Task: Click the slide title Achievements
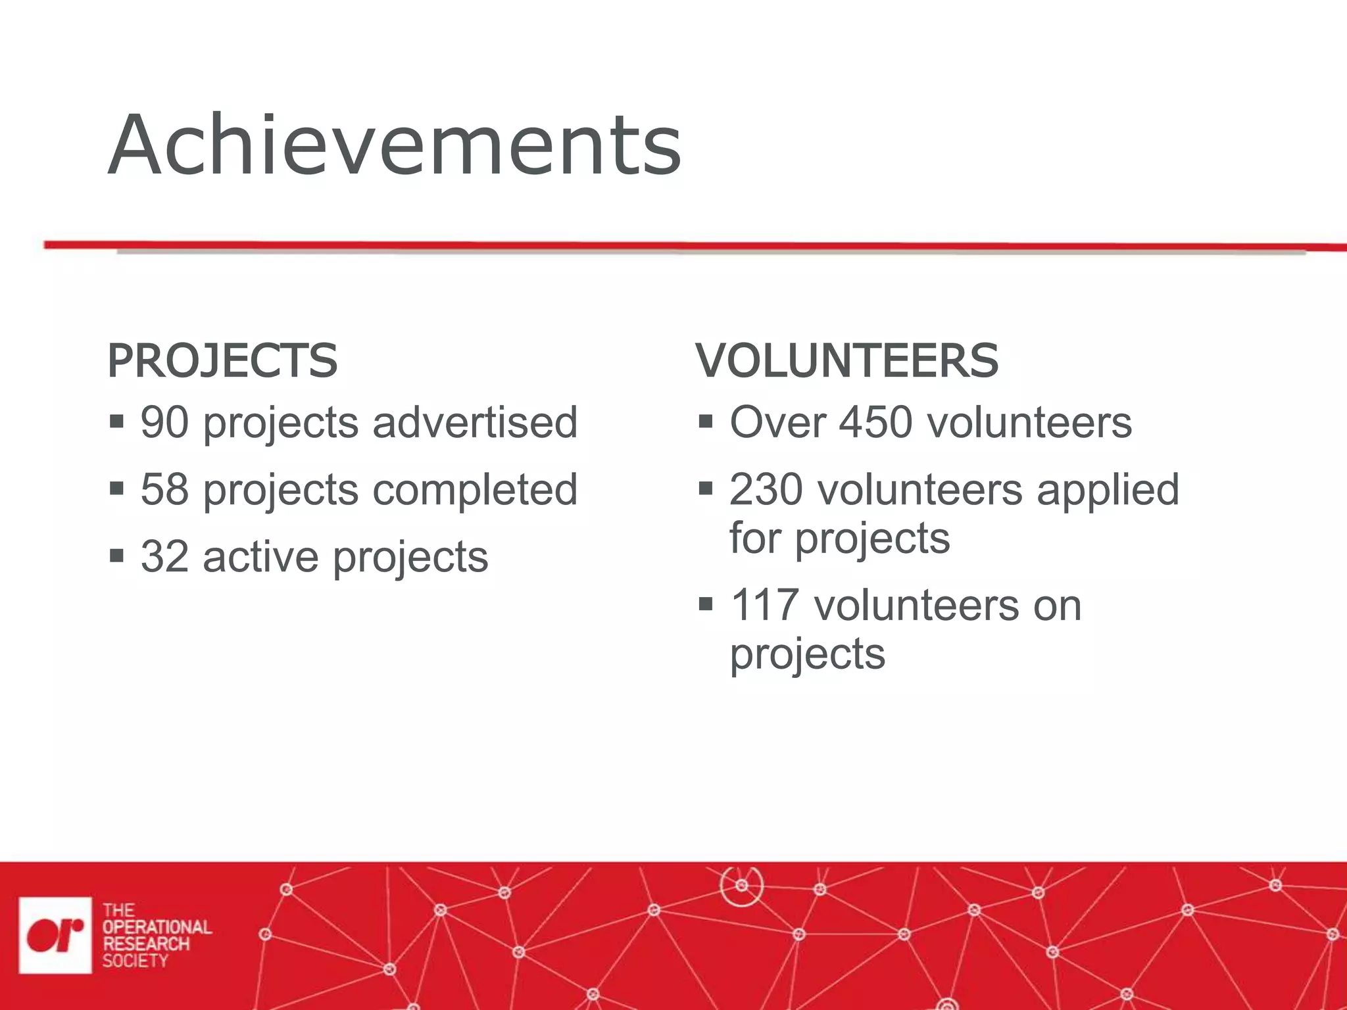(x=395, y=146)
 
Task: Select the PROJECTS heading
(x=222, y=361)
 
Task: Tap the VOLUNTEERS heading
(x=847, y=361)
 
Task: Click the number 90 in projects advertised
(x=164, y=422)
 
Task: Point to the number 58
(x=164, y=490)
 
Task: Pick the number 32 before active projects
(x=164, y=557)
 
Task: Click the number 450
(x=875, y=422)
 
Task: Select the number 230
(x=766, y=490)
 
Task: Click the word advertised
(x=475, y=422)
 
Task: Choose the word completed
(x=475, y=490)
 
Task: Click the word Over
(x=777, y=422)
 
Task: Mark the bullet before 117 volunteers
(x=706, y=604)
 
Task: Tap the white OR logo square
(x=55, y=934)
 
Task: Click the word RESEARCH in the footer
(x=146, y=944)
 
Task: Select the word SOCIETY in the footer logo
(x=135, y=961)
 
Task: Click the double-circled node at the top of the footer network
(x=741, y=885)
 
